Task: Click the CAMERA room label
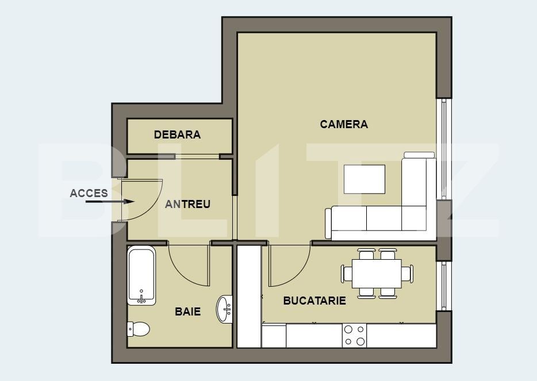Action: pyautogui.click(x=344, y=124)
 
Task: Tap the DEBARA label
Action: pyautogui.click(x=178, y=134)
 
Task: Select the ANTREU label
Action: pyautogui.click(x=187, y=205)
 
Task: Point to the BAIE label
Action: pyautogui.click(x=187, y=311)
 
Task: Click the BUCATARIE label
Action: pyautogui.click(x=314, y=301)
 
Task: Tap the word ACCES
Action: pyautogui.click(x=89, y=193)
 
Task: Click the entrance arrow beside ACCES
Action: pyautogui.click(x=110, y=202)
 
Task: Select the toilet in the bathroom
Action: pyautogui.click(x=139, y=329)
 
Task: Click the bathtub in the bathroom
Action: pyautogui.click(x=141, y=276)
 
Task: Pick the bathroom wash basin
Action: pyautogui.click(x=224, y=309)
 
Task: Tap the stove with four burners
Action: pyautogui.click(x=354, y=336)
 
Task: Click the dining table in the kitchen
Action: pyautogui.click(x=377, y=274)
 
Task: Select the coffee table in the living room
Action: pyautogui.click(x=365, y=179)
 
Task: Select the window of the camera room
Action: pyautogui.click(x=444, y=149)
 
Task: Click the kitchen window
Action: pyautogui.click(x=444, y=286)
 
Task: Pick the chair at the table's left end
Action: pyautogui.click(x=347, y=274)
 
